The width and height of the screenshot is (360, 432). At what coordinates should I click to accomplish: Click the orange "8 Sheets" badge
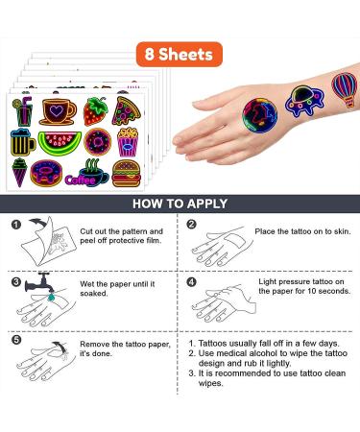coord(180,55)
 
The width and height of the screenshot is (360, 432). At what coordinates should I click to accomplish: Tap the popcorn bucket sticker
coord(128,143)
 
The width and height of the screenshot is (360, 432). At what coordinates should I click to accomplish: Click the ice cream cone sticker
coord(21,172)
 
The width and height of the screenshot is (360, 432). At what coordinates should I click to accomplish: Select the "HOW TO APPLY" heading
coord(180,204)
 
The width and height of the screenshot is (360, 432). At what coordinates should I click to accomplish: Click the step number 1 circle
coord(16,226)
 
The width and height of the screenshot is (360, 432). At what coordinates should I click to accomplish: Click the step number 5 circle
coord(16,339)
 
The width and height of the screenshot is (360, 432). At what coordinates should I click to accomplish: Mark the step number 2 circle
coord(190,226)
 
